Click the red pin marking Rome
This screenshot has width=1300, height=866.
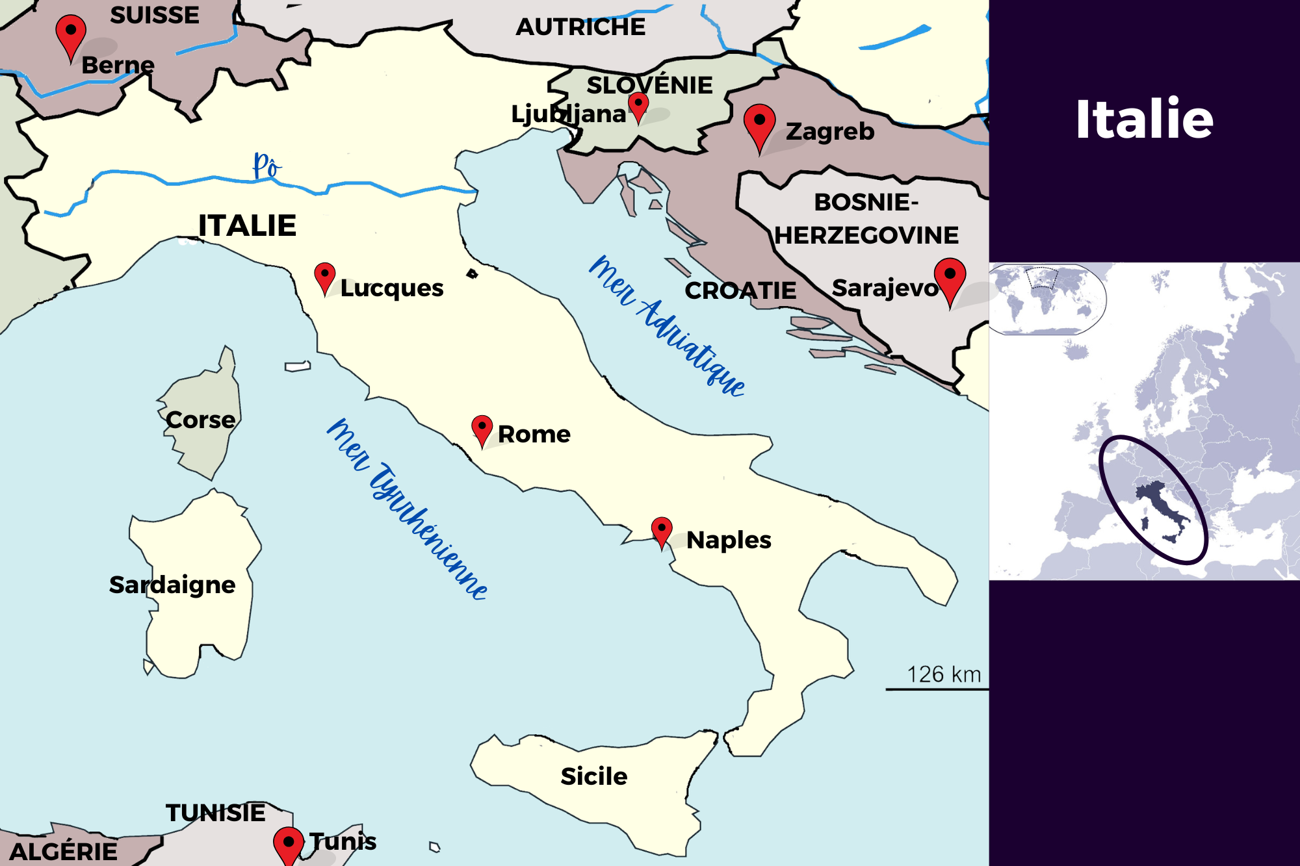pyautogui.click(x=482, y=429)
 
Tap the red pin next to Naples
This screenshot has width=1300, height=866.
pyautogui.click(x=662, y=530)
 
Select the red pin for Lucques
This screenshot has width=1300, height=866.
pyautogui.click(x=324, y=276)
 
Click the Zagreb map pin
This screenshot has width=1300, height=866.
pyautogui.click(x=759, y=124)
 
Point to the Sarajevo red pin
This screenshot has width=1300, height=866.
pyautogui.click(x=950, y=277)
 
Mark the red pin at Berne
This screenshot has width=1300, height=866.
pyautogui.click(x=71, y=34)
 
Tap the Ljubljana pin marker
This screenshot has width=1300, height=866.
pyautogui.click(x=638, y=105)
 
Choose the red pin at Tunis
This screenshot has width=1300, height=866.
pyautogui.click(x=289, y=844)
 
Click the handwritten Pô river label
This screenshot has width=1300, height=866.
pyautogui.click(x=266, y=166)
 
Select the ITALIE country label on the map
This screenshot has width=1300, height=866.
pyautogui.click(x=247, y=226)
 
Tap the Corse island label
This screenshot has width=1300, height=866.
pyautogui.click(x=200, y=420)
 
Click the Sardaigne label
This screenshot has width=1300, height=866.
pyautogui.click(x=172, y=585)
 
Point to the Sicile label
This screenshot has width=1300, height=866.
pyautogui.click(x=593, y=776)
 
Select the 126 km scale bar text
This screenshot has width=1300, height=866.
pyautogui.click(x=943, y=674)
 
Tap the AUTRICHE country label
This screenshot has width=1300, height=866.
pyautogui.click(x=580, y=27)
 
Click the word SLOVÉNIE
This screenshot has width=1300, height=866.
pyautogui.click(x=649, y=85)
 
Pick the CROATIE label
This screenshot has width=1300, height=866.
pyautogui.click(x=740, y=290)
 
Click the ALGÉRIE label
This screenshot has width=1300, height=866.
pyautogui.click(x=64, y=852)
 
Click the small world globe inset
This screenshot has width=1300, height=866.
pyautogui.click(x=1046, y=299)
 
